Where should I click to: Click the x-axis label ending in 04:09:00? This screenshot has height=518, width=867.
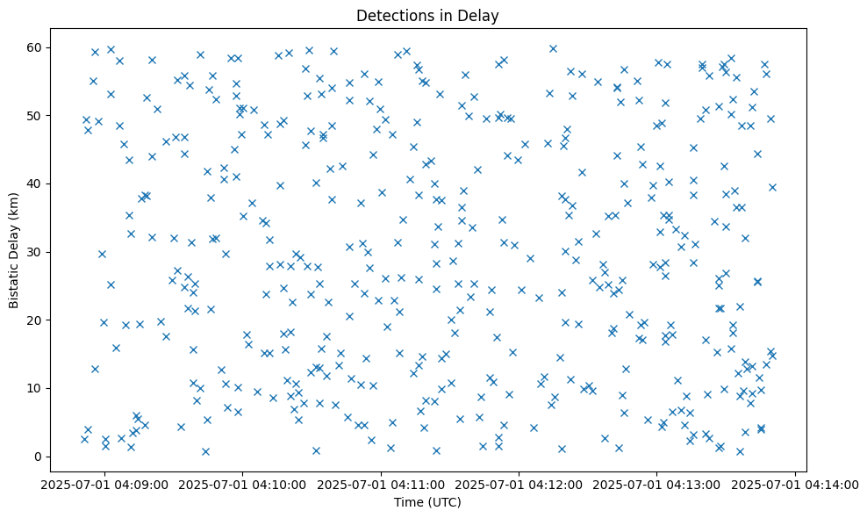(x=105, y=483)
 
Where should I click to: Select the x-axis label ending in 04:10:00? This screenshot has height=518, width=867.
(x=243, y=483)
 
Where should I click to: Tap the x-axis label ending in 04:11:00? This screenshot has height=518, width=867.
(x=381, y=483)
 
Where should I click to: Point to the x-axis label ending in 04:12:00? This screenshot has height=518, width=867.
(x=519, y=483)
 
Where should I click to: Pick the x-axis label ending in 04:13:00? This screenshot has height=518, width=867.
(x=657, y=483)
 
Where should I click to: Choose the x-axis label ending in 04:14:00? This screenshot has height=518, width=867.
(x=795, y=483)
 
